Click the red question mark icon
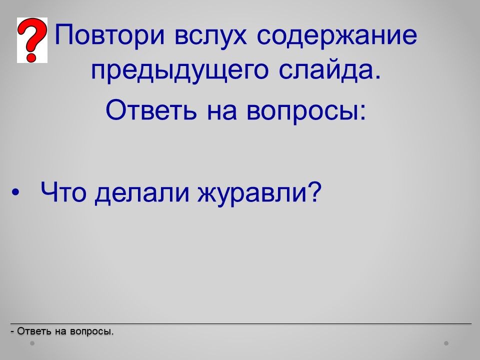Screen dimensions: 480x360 [x=32, y=40]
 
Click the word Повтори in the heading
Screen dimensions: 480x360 [x=110, y=34]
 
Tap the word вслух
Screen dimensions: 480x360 [x=210, y=36]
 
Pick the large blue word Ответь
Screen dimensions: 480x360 [x=151, y=109]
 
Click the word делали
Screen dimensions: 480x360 [x=141, y=193]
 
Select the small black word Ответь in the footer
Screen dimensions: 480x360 [x=34, y=331]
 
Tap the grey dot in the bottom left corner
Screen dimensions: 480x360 [x=32, y=343]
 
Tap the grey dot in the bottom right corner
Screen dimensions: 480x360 [x=446, y=343]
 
